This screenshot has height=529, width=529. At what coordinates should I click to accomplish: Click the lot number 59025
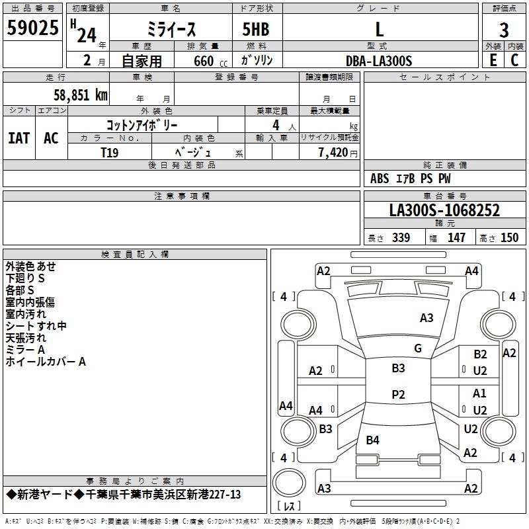32,29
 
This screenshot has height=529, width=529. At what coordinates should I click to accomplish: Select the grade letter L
379,29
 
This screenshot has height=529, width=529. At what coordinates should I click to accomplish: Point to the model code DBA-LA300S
379,61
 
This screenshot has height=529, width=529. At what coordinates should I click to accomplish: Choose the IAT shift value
19,138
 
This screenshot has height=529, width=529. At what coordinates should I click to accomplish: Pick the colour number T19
109,152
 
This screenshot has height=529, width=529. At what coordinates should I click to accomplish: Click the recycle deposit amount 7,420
333,152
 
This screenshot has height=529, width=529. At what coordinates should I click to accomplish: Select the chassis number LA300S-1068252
444,211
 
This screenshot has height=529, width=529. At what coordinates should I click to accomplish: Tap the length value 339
401,238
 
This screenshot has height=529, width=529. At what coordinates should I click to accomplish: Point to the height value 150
509,238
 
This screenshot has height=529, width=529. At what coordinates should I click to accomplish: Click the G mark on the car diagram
417,348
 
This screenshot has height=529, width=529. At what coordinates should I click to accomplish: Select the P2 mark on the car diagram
398,394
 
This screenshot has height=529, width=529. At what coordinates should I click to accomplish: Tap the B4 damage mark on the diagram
373,440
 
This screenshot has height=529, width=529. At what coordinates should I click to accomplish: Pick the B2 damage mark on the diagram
480,354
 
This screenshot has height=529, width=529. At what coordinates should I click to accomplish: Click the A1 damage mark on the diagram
480,393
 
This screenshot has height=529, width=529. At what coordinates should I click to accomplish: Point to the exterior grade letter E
493,60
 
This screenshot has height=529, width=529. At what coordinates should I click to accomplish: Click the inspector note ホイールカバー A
46,362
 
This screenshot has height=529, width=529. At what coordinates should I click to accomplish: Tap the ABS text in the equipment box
380,179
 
